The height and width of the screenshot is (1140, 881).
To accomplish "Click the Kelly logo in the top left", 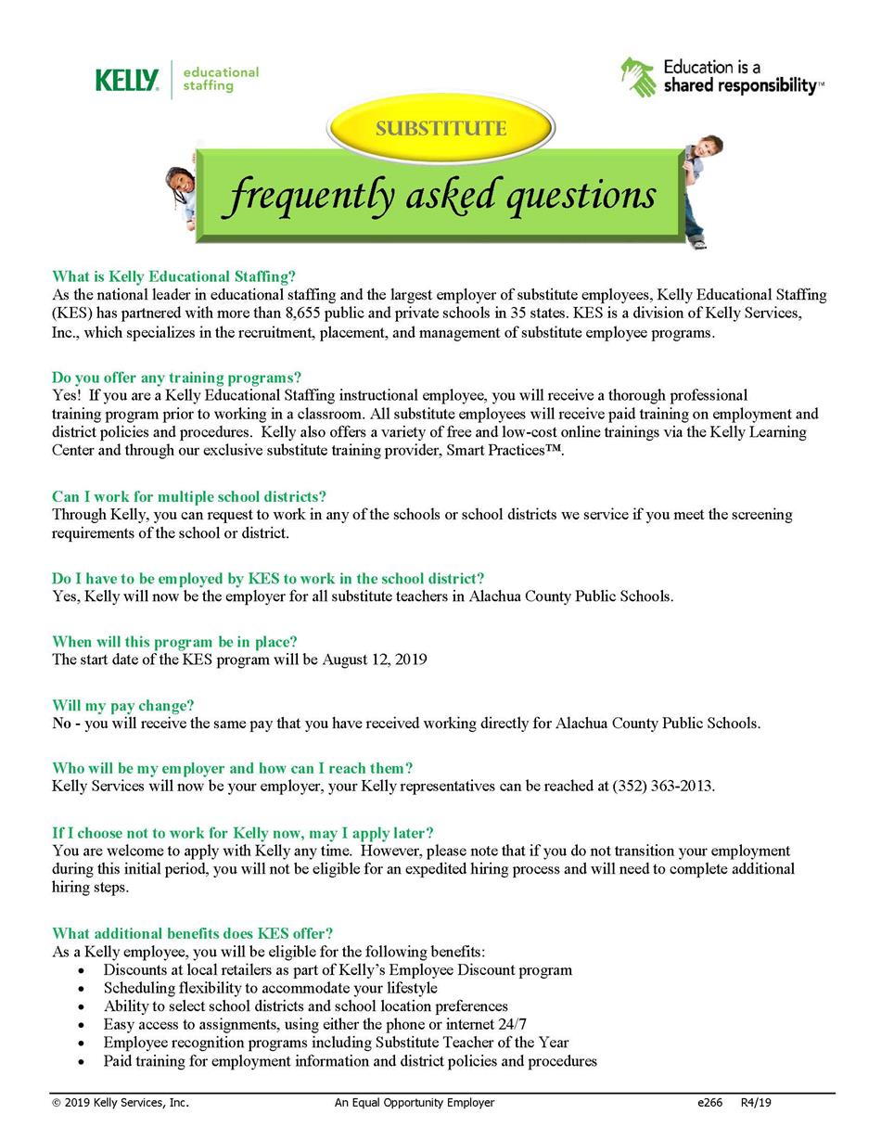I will (x=127, y=81).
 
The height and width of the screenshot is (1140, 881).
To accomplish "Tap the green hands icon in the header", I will (x=638, y=77).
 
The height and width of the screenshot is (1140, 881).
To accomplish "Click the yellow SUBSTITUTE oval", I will (x=440, y=129).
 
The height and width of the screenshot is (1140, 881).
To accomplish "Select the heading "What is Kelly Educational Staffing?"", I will (x=173, y=276).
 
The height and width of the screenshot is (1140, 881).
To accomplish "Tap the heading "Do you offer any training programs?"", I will (x=176, y=378).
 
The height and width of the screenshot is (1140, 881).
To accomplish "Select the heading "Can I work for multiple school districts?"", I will (x=189, y=496).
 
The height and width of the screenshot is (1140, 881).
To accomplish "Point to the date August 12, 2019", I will (x=375, y=660).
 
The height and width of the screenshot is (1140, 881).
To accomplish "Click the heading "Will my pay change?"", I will (x=122, y=705).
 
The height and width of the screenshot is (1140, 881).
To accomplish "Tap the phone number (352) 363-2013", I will (x=662, y=787).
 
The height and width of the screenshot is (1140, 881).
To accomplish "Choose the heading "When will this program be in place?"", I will (x=174, y=642).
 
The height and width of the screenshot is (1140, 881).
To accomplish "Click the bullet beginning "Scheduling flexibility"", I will (x=270, y=988).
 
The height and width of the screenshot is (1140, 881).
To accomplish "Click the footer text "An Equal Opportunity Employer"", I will (x=415, y=1103).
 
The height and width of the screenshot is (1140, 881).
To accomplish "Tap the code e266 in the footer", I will (x=709, y=1103).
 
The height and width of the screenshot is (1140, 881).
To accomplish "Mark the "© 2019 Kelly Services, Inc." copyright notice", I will (x=121, y=1103).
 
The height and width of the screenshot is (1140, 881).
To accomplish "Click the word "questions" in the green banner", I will (x=581, y=196).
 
